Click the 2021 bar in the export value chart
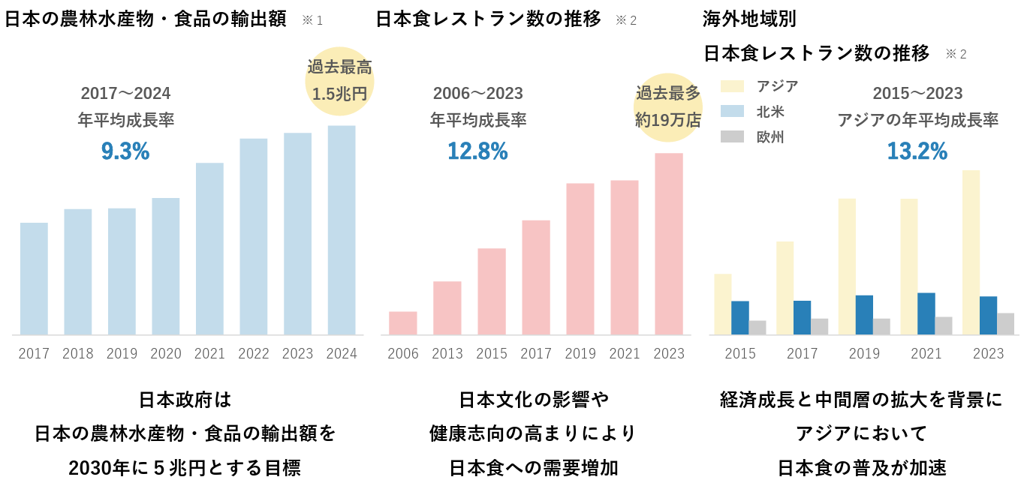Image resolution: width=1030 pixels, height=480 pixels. click(x=209, y=249)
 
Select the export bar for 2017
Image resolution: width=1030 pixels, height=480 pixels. click(x=34, y=278)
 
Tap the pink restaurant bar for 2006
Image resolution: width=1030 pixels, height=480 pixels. click(x=403, y=323)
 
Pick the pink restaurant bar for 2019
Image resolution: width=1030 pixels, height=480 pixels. click(x=580, y=259)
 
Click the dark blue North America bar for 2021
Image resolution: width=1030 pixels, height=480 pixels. click(x=926, y=313)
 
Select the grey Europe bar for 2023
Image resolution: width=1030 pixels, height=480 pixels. click(x=1005, y=324)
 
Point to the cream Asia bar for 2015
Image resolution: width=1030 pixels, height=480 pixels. click(x=722, y=304)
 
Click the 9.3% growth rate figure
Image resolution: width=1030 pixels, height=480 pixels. click(x=125, y=151)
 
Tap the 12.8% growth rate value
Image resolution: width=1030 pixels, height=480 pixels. click(x=477, y=151)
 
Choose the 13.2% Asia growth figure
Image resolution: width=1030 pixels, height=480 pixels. click(x=917, y=151)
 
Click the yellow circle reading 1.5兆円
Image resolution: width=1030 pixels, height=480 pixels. click(x=340, y=81)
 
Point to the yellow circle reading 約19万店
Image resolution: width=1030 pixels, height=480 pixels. click(x=667, y=105)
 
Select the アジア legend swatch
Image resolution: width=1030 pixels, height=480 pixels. click(x=732, y=86)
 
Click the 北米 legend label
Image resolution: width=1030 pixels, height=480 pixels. click(x=770, y=112)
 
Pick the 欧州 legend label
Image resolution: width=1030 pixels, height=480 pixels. click(x=770, y=137)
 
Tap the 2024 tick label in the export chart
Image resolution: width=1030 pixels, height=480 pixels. click(x=342, y=353)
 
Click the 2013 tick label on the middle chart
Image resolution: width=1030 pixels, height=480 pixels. click(x=447, y=353)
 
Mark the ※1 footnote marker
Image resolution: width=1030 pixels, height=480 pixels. click(x=312, y=20)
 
